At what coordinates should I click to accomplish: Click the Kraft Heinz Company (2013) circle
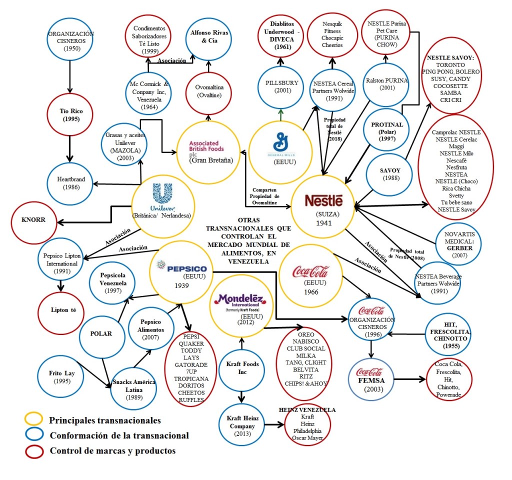(242, 426)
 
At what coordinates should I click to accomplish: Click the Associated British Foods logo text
(206, 147)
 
